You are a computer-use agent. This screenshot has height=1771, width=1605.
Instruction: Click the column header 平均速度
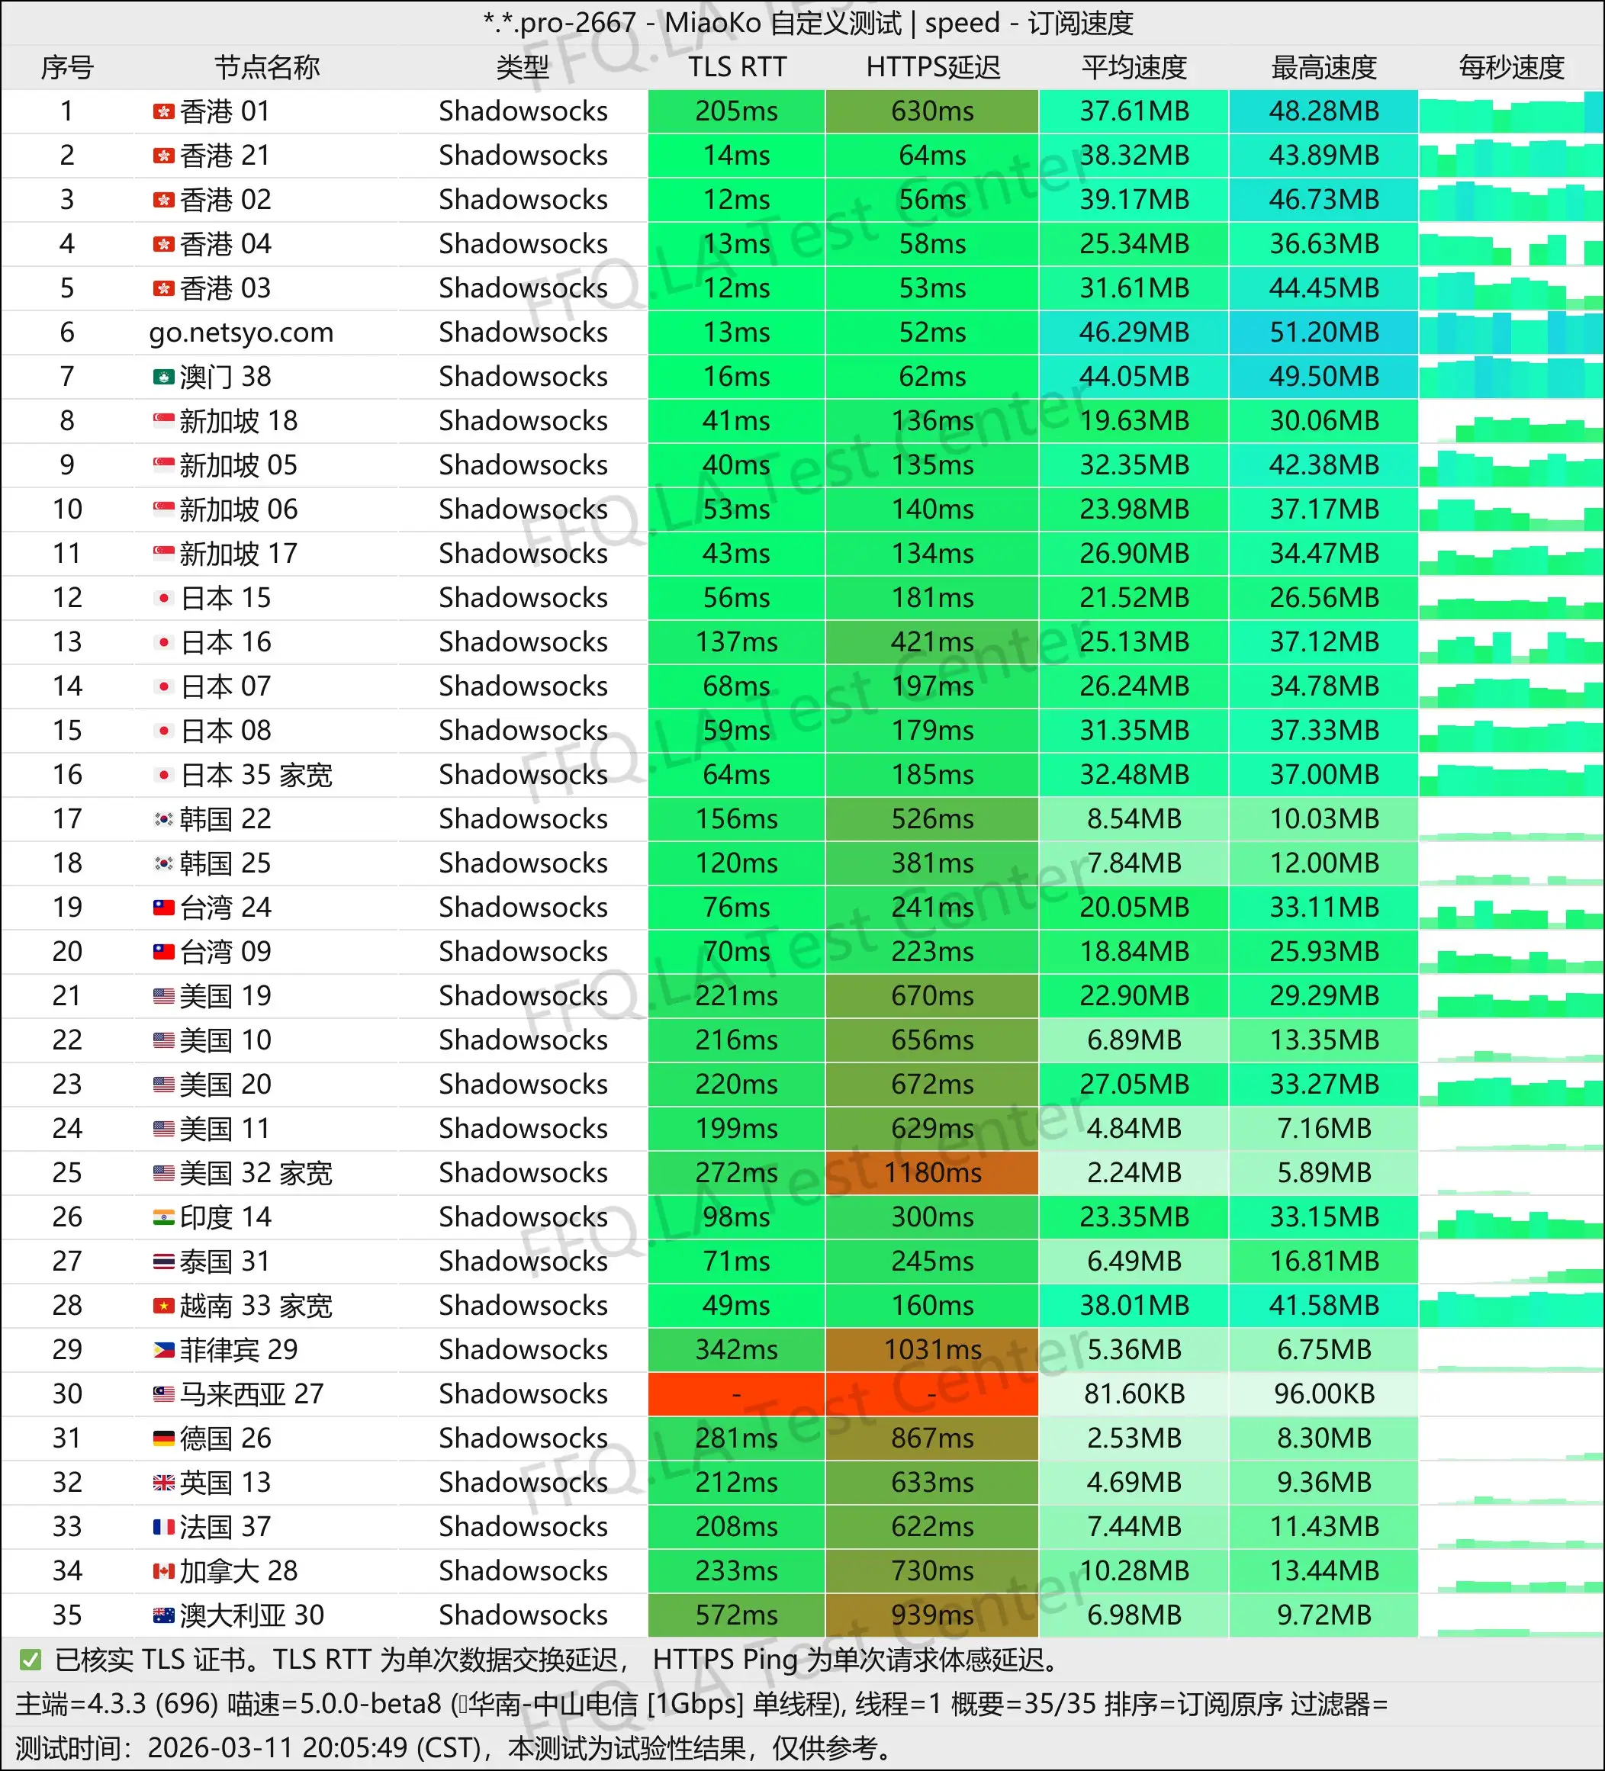(1134, 68)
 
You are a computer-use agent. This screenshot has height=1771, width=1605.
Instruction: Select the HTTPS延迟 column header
(932, 68)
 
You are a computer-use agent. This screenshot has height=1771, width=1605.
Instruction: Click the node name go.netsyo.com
(241, 332)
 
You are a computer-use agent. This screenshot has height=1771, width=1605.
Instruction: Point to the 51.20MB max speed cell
(1323, 332)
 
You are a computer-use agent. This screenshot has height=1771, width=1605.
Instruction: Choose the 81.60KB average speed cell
(1134, 1393)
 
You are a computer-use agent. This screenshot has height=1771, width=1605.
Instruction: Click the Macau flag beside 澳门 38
(163, 377)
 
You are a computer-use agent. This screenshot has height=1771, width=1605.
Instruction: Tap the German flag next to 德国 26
(163, 1438)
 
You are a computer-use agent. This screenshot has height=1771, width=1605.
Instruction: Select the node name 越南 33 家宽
(256, 1306)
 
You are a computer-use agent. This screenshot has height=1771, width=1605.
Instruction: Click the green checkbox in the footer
(30, 1660)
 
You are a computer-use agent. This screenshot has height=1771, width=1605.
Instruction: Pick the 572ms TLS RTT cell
(736, 1615)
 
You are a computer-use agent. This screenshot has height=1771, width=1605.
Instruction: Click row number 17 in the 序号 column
(67, 818)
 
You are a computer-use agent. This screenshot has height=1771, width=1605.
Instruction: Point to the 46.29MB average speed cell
(1134, 332)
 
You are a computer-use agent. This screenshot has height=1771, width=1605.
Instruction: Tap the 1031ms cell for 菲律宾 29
(932, 1349)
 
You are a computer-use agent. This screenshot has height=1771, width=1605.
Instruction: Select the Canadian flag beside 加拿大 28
(163, 1570)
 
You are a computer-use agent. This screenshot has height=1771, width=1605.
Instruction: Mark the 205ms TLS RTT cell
(736, 111)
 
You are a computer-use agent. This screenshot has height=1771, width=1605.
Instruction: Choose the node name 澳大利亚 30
(251, 1615)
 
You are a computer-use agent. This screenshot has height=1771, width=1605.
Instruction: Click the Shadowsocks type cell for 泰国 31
(523, 1261)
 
